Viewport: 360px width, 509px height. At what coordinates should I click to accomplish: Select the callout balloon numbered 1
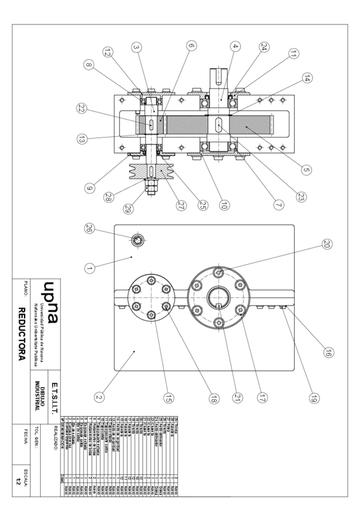point(88,268)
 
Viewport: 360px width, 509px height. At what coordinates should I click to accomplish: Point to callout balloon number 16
point(329,354)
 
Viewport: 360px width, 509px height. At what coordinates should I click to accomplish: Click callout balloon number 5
point(305,170)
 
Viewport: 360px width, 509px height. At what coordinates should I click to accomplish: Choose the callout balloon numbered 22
point(80,108)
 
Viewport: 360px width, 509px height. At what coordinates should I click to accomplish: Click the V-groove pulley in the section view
point(149,171)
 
